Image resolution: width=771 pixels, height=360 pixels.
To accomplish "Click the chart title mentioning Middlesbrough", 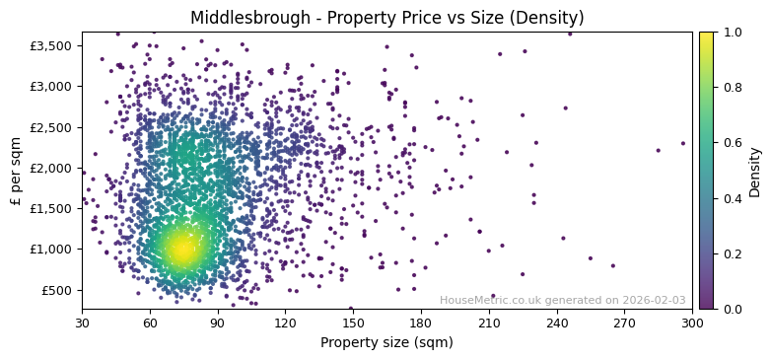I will tap(386, 18).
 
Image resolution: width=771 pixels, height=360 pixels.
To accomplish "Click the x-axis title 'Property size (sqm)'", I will tap(386, 342).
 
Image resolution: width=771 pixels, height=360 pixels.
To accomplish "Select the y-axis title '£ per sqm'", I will tap(16, 170).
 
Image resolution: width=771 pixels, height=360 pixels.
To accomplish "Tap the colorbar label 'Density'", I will tap(754, 171).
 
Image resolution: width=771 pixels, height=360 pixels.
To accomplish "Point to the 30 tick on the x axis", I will tap(82, 323).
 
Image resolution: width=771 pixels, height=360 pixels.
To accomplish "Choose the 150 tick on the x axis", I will tap(353, 323).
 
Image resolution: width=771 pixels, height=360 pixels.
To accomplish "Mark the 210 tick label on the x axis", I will tap(489, 323).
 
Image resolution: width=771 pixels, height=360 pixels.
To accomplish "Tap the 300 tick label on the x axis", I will tap(692, 323).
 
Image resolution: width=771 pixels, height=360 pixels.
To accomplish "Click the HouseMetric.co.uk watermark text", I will tap(562, 300).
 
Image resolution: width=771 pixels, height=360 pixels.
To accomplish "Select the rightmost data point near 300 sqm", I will tap(682, 143).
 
